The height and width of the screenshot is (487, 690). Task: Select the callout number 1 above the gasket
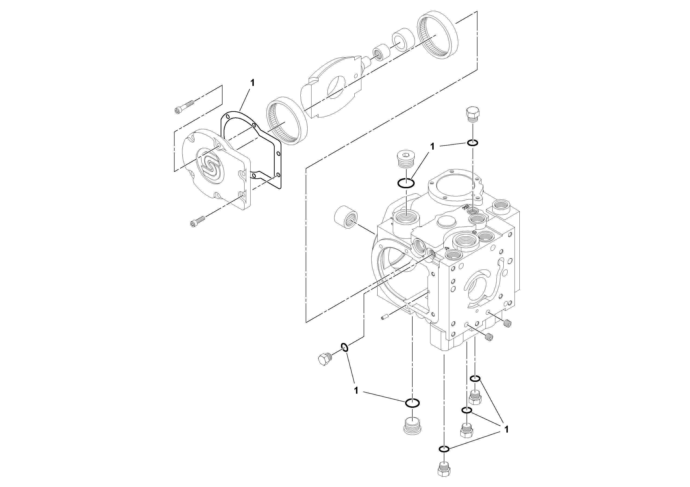pos(252,83)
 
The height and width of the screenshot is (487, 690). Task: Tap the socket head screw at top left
pos(184,107)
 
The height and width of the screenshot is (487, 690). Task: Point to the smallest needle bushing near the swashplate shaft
pos(381,53)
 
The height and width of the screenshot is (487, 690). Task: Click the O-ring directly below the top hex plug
pos(473,143)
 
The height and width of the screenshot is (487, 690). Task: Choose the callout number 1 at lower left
pos(356,391)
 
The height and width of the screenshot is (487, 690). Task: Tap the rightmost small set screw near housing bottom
pos(508,323)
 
